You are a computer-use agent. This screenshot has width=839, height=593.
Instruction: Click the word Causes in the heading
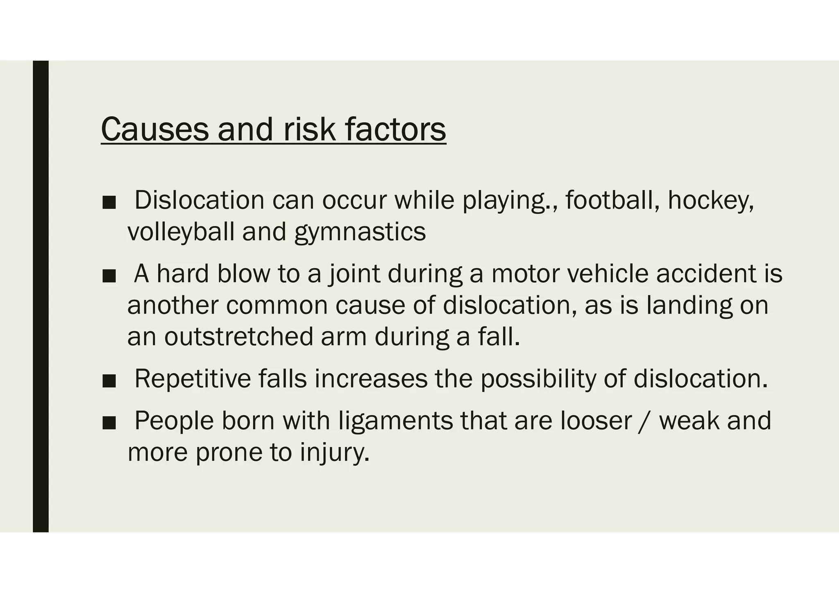pyautogui.click(x=154, y=129)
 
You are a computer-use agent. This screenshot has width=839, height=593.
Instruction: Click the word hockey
pyautogui.click(x=710, y=201)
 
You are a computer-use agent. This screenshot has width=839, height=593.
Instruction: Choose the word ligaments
pyautogui.click(x=396, y=421)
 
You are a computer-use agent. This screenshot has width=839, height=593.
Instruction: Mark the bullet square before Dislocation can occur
pyautogui.click(x=109, y=202)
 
